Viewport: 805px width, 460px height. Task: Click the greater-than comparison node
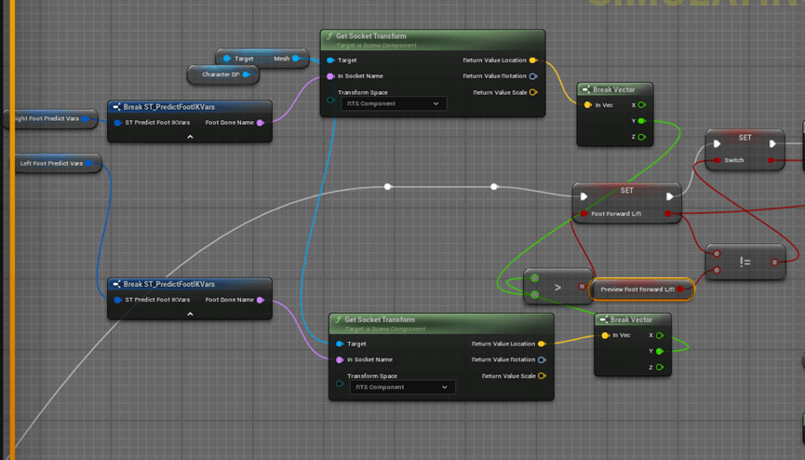[557, 288]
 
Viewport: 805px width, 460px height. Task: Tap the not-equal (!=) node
[745, 263]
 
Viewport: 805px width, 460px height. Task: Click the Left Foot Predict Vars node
[51, 164]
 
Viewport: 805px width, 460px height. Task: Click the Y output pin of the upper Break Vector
[641, 121]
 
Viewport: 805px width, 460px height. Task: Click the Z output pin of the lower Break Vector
[660, 367]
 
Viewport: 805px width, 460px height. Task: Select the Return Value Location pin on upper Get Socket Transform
[533, 61]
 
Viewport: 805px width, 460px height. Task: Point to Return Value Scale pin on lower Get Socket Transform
[542, 376]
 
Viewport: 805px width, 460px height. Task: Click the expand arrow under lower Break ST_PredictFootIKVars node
[190, 314]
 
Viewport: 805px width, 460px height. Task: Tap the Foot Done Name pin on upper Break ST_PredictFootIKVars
[261, 122]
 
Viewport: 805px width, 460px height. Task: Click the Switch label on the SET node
[734, 160]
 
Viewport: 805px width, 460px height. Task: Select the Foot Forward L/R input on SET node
[584, 213]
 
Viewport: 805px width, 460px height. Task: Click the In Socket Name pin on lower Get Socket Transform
[340, 359]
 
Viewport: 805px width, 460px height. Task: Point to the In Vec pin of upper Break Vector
[587, 105]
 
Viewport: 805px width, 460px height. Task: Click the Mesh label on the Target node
[281, 59]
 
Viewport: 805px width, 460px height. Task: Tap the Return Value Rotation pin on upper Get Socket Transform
[533, 76]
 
